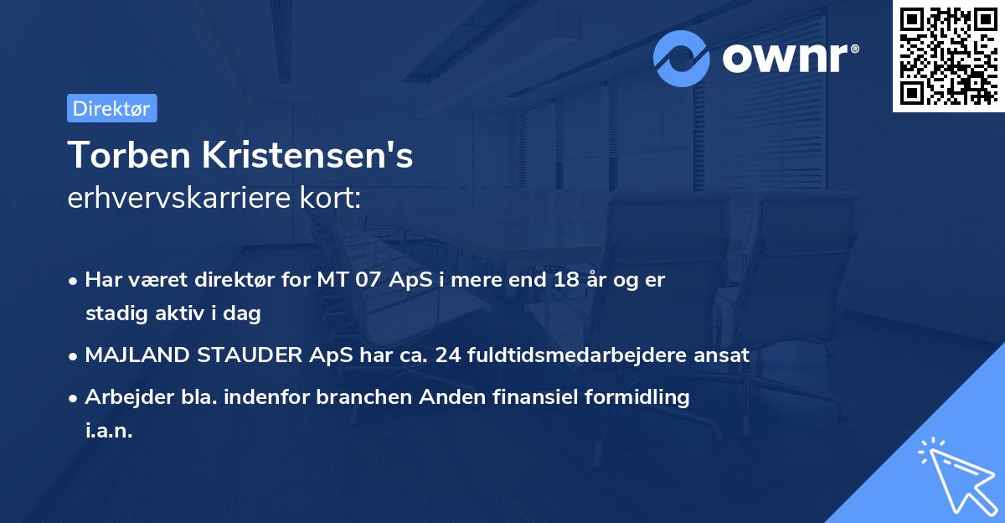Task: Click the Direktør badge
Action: pos(111,108)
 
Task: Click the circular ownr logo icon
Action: pos(682,58)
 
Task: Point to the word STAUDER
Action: pos(247,355)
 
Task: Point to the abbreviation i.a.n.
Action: pos(109,431)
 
